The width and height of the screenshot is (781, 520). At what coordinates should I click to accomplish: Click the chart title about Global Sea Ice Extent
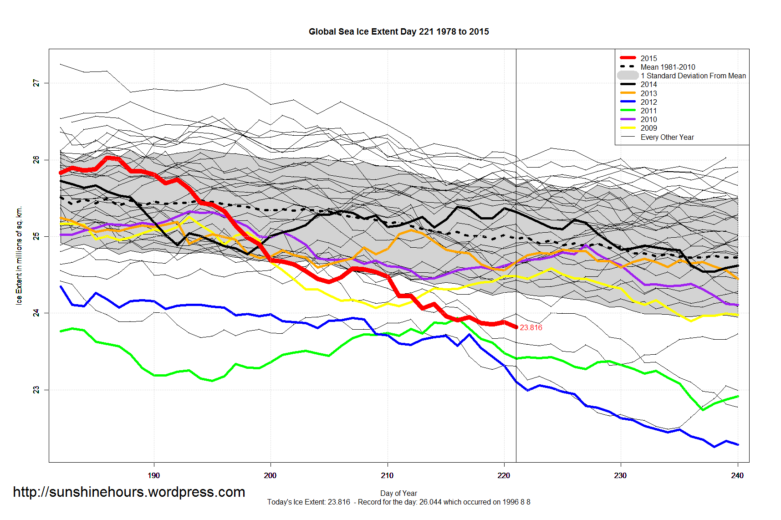coord(398,31)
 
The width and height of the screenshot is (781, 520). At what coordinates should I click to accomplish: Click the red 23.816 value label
coord(531,327)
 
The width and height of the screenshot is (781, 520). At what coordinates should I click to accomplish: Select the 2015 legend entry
coord(648,58)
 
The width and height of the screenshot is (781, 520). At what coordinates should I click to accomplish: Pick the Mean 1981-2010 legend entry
coord(668,67)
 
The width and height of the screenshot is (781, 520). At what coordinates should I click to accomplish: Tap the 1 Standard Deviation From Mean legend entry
coord(693,76)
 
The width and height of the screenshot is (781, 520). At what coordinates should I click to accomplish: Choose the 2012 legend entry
coord(648,102)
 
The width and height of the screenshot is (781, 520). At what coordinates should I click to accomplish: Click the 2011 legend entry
coord(648,111)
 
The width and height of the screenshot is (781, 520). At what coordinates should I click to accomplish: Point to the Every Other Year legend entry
coord(667,137)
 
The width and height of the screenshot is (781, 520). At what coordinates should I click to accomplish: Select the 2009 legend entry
coord(648,128)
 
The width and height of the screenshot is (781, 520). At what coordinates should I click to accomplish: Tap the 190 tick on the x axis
coord(154,475)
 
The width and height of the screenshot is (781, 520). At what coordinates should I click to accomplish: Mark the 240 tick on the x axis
coord(737,475)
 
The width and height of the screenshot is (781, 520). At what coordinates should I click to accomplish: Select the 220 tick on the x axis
coord(504,475)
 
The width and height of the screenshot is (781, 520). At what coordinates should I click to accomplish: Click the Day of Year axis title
coord(398,493)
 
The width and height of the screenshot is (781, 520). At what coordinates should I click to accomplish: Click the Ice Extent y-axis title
coord(19,256)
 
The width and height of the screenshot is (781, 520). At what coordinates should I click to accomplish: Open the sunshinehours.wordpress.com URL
coord(129,492)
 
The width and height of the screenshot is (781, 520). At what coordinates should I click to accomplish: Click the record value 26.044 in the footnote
coord(430,502)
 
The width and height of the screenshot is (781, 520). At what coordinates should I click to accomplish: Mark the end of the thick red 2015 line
coord(516,327)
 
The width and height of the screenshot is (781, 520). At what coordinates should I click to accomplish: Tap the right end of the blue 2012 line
coord(737,444)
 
